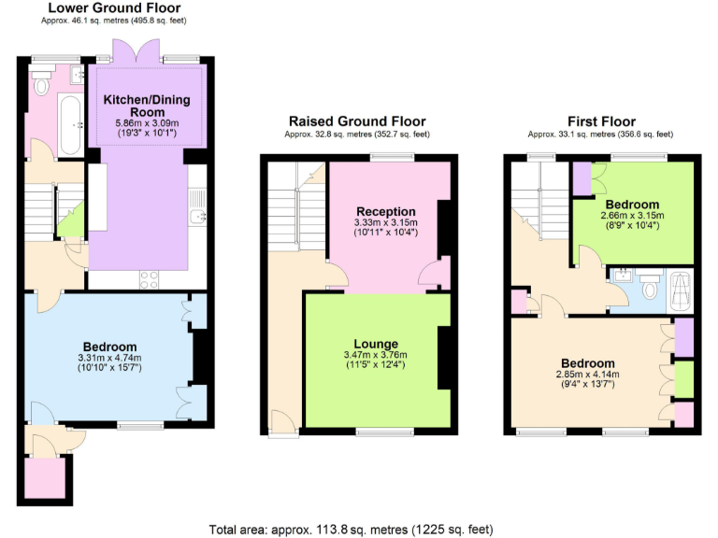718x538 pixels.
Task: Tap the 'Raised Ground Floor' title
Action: (356, 121)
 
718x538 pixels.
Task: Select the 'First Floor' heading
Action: (601, 121)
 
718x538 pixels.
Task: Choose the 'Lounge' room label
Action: (377, 344)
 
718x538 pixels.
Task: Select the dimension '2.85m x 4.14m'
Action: (587, 375)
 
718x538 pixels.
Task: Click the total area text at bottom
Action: (351, 529)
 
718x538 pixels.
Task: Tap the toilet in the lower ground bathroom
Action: (40, 86)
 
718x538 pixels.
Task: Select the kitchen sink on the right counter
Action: (197, 217)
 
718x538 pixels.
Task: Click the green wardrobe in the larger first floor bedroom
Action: (683, 378)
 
